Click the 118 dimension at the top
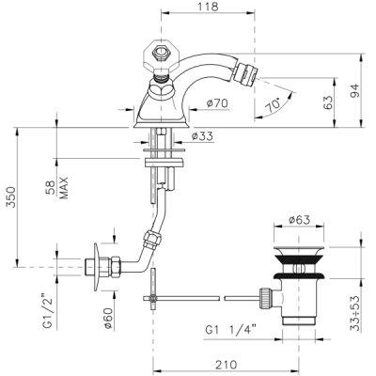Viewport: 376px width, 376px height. pos(208,7)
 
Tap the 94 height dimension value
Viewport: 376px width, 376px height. pos(355,90)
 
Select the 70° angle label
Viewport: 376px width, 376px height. pos(273,105)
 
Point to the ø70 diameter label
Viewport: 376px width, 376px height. pos(217,102)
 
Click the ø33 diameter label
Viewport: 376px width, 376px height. pos(202,136)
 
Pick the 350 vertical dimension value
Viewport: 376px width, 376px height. pos(11,197)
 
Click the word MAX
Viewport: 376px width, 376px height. pos(64,188)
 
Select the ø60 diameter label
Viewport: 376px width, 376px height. pos(108,319)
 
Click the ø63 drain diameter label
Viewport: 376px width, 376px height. pos(299,220)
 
